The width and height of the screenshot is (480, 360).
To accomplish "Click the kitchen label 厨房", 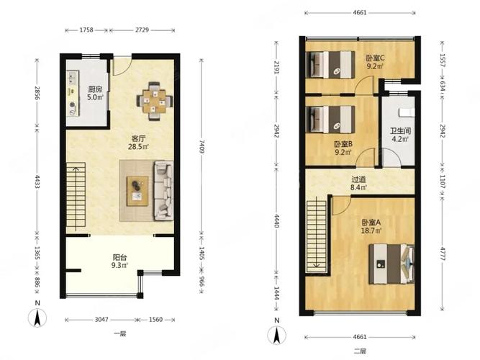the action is [95, 89].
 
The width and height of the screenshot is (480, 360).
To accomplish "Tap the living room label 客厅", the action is [138, 138].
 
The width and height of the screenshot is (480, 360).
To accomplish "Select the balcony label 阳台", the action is [119, 257].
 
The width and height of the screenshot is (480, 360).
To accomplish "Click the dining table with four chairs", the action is [155, 101].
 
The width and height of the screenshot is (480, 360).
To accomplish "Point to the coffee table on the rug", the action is [137, 191].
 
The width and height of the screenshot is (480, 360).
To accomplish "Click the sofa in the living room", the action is [163, 191].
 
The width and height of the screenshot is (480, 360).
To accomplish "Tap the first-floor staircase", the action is [76, 198].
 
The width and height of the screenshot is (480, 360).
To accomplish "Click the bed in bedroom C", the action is [330, 65].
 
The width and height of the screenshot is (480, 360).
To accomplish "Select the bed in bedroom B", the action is [330, 120].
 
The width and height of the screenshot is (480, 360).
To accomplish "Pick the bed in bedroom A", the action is [391, 264].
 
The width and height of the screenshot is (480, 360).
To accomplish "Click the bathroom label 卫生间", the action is [400, 131].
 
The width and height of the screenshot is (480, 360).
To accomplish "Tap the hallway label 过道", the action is [358, 179].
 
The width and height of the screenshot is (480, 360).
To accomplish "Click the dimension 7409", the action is [201, 147].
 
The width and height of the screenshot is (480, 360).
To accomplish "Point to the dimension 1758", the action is [86, 30].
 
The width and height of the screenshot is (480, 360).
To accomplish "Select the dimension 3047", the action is [101, 320].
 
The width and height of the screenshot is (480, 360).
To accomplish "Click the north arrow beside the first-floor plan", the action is [37, 318].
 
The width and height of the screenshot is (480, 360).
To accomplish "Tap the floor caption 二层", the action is [360, 351].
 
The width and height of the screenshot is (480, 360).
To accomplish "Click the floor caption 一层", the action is [119, 333].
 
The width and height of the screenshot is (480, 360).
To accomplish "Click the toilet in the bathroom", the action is [407, 112].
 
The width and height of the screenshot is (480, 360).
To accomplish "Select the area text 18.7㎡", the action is [371, 230].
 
